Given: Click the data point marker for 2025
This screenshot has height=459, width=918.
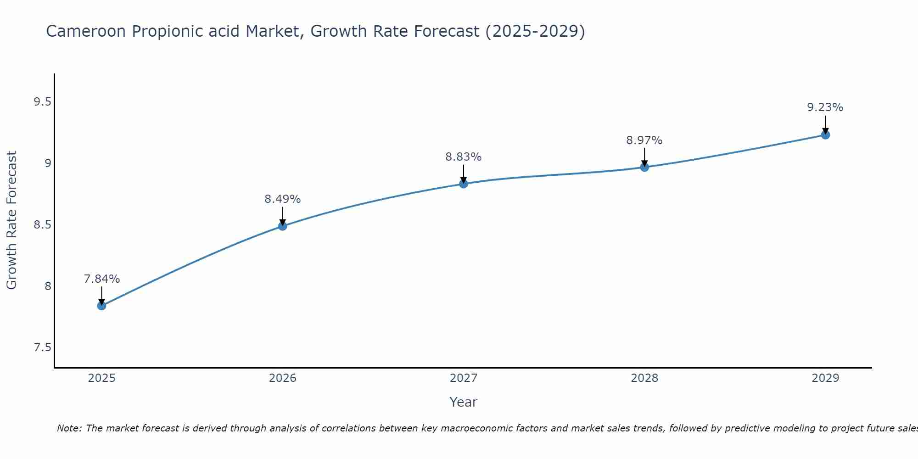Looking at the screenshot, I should (x=101, y=306).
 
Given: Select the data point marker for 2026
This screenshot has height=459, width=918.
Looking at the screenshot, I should (x=283, y=226).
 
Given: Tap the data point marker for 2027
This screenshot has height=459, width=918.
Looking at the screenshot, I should (x=464, y=184).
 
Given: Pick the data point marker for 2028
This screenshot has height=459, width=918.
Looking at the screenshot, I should (x=644, y=167).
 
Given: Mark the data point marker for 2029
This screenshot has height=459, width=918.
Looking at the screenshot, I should (x=825, y=135).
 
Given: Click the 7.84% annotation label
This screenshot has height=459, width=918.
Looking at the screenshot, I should (x=101, y=279).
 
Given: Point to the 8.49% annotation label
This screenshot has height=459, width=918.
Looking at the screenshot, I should (x=283, y=199).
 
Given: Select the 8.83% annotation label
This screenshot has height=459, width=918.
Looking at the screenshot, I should (x=464, y=157).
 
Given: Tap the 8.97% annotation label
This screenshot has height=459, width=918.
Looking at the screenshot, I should (x=644, y=140).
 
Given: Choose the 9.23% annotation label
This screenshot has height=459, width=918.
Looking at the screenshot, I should (x=825, y=107).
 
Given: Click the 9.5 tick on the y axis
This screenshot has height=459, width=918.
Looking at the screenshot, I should (x=42, y=102).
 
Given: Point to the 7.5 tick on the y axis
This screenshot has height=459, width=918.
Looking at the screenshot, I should (x=42, y=347).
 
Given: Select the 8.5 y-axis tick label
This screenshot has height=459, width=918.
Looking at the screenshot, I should (x=42, y=225).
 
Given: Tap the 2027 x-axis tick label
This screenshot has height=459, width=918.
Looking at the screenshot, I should (x=464, y=378).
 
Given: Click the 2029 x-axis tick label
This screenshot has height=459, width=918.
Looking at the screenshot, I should (x=825, y=378).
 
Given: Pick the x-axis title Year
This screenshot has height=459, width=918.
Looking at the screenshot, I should (x=464, y=402).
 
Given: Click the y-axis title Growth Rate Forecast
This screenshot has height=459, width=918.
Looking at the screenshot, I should (x=12, y=220).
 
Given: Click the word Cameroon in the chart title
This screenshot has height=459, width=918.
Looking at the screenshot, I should (x=86, y=32).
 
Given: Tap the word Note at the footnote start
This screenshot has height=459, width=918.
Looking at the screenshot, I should (x=69, y=428).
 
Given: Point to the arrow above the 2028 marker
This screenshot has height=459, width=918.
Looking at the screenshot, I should (x=644, y=157).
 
